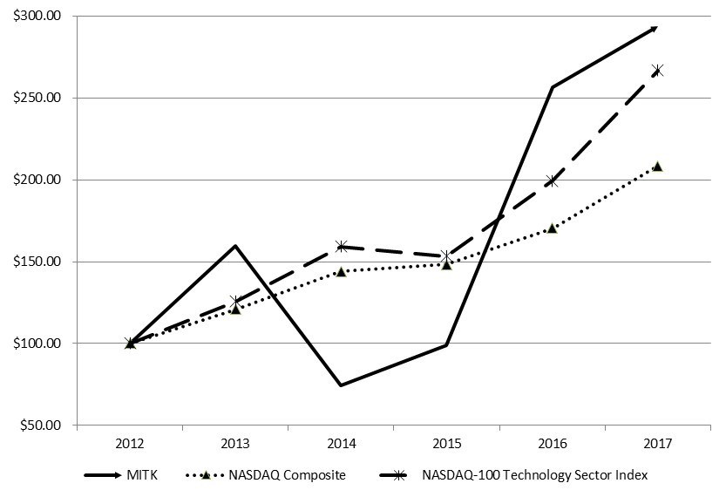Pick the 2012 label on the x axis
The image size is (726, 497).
[130, 442]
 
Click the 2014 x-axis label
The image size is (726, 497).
[341, 442]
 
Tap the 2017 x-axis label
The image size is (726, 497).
[657, 442]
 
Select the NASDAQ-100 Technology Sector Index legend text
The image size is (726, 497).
[534, 475]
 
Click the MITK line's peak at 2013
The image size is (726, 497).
[235, 246]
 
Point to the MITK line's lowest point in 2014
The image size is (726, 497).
[341, 385]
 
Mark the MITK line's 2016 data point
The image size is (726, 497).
[552, 87]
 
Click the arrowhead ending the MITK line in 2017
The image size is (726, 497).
[655, 28]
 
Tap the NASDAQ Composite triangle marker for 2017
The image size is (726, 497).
[657, 166]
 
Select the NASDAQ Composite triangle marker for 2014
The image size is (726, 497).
[341, 271]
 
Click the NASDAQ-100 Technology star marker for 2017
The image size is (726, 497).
[657, 70]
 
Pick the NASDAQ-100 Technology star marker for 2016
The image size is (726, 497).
[552, 181]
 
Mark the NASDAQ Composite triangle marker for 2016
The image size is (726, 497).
[552, 228]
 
